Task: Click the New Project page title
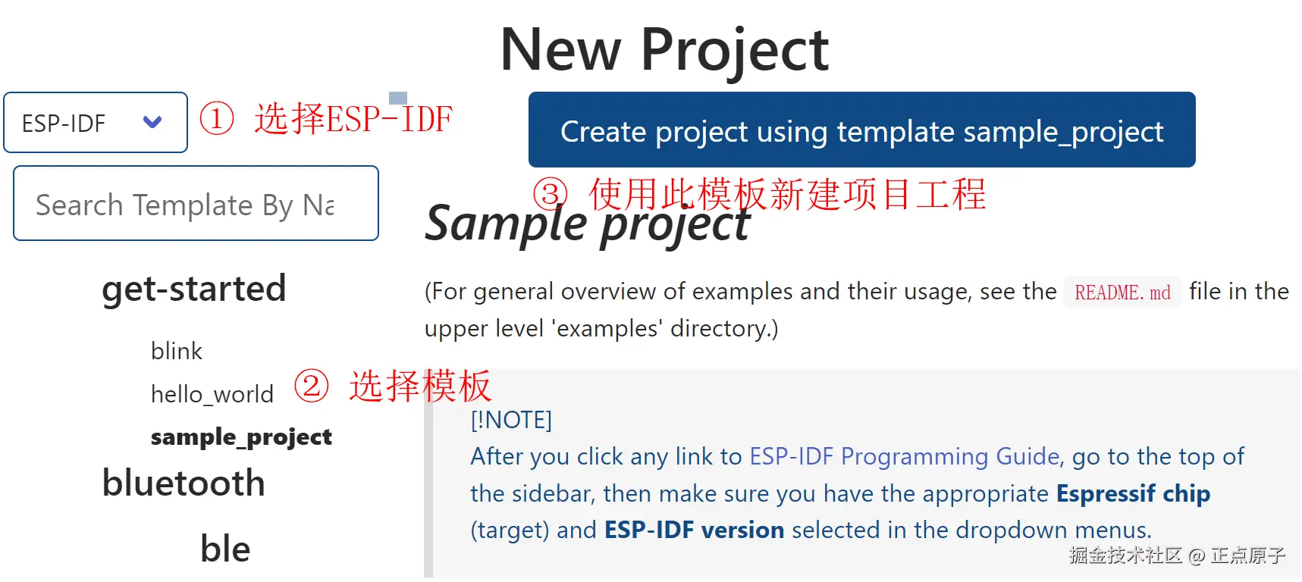664,50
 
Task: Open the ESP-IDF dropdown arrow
152,122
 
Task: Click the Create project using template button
861,130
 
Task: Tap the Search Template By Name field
196,203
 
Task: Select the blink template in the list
177,351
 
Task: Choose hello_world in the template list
212,394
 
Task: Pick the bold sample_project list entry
241,437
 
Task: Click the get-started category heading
194,289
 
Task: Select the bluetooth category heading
184,483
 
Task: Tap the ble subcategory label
225,549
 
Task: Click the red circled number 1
217,119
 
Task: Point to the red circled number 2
312,386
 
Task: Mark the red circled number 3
551,194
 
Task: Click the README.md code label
1122,293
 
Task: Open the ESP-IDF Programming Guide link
905,456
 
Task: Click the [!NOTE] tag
511,420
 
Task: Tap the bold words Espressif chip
1133,493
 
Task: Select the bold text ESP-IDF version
694,530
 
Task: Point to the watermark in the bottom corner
1177,555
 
